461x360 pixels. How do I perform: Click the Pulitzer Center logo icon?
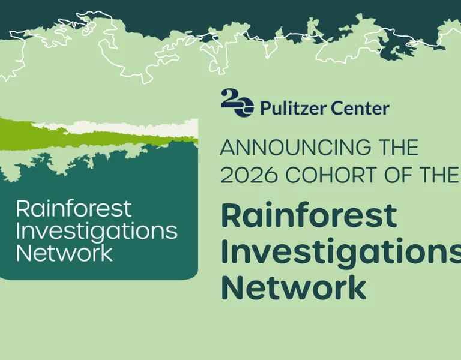pyautogui.click(x=237, y=103)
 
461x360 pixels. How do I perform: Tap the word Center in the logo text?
pyautogui.click(x=360, y=108)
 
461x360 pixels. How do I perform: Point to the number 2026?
pyautogui.click(x=249, y=175)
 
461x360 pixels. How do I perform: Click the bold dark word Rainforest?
pyautogui.click(x=309, y=215)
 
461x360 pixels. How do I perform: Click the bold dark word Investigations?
pyautogui.click(x=341, y=253)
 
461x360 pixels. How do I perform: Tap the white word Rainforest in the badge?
pyautogui.click(x=73, y=208)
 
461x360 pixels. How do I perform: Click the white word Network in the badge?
pyautogui.click(x=65, y=253)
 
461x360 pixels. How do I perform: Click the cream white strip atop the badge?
pyautogui.click(x=124, y=128)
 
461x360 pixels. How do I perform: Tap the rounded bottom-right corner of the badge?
pyautogui.click(x=194, y=275)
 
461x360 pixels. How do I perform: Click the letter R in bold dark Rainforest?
pyautogui.click(x=231, y=215)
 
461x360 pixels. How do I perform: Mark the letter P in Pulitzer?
pyautogui.click(x=265, y=108)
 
